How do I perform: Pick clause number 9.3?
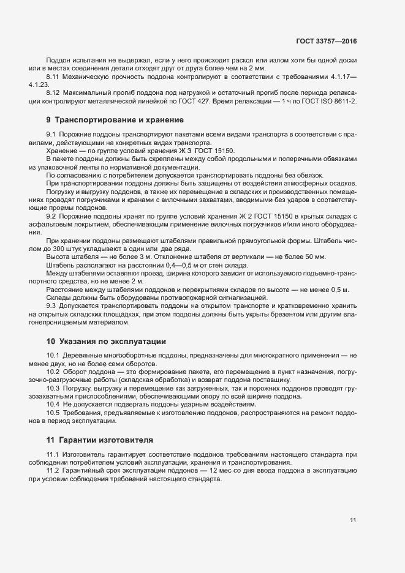click(51, 305)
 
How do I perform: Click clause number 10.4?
click(53, 405)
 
